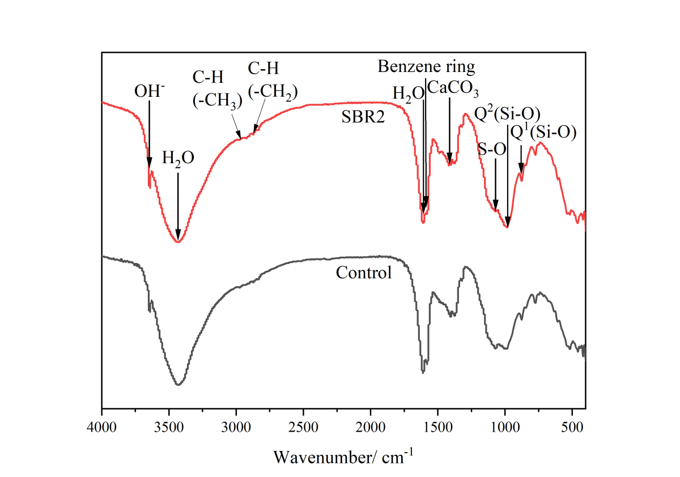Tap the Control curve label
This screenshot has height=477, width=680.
364,272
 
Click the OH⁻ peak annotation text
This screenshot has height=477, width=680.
150,91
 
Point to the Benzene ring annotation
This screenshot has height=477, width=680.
426,67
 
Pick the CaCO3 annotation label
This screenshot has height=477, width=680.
453,88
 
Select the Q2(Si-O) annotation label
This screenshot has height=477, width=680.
507,114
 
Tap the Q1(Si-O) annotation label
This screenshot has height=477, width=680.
543,133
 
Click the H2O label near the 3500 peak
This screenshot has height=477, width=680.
178,157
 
